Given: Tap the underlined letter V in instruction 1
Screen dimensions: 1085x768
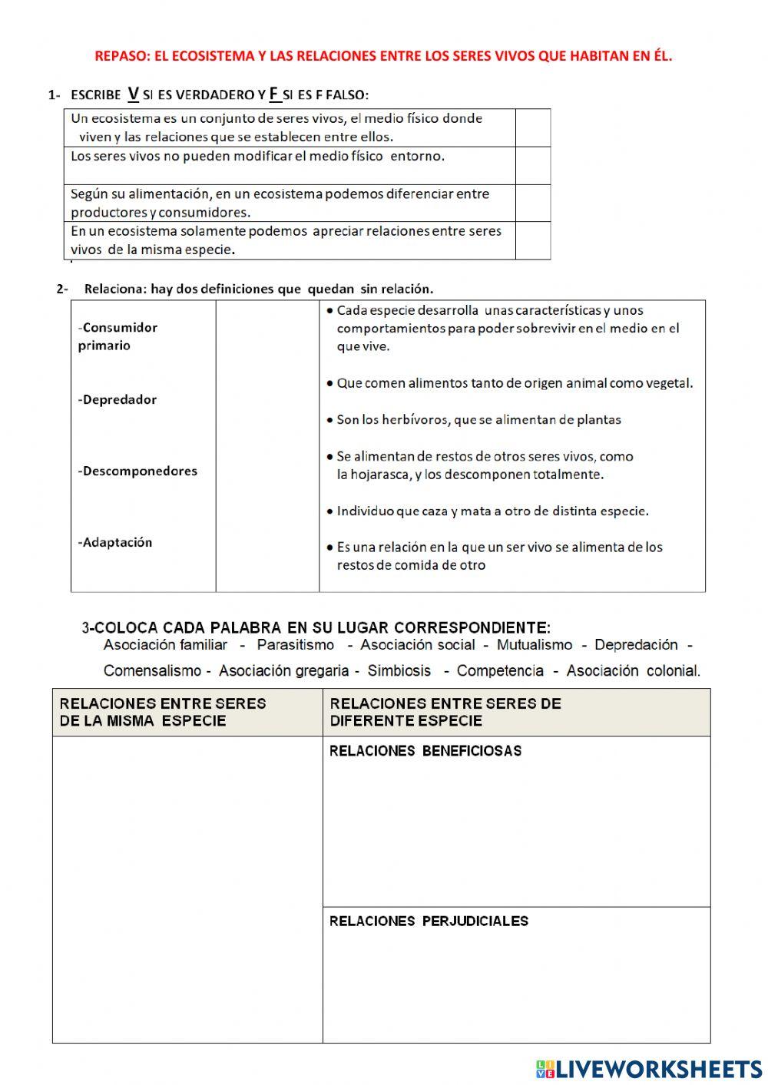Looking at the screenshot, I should tap(133, 94).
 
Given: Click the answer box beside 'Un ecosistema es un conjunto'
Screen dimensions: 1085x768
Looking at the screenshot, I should tap(532, 127).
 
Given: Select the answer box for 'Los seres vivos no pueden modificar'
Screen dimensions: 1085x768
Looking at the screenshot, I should tap(532, 165).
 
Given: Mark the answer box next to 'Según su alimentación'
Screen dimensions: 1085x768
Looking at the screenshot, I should tap(532, 203).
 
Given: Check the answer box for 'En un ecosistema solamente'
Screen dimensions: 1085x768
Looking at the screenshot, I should tap(532, 240).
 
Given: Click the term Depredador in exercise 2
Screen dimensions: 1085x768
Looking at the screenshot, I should tap(118, 399).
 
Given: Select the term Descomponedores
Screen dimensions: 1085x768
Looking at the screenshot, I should tap(138, 471).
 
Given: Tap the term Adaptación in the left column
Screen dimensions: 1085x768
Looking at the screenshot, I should tap(117, 542).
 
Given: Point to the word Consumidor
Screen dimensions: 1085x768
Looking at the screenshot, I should tap(119, 327).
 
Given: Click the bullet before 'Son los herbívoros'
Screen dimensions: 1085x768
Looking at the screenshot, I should tap(329, 420).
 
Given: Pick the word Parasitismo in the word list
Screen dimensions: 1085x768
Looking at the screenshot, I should tap(296, 645).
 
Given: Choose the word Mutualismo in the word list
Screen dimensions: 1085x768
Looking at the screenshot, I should tap(535, 645).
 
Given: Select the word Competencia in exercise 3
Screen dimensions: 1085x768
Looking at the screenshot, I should tap(500, 670).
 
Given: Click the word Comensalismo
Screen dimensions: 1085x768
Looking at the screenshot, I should tap(152, 670).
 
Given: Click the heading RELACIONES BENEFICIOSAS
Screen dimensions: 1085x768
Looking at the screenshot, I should tap(425, 751).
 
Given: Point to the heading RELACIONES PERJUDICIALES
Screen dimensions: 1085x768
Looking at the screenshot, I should tap(429, 921).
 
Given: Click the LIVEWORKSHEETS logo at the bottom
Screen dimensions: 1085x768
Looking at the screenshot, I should tap(649, 1068).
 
